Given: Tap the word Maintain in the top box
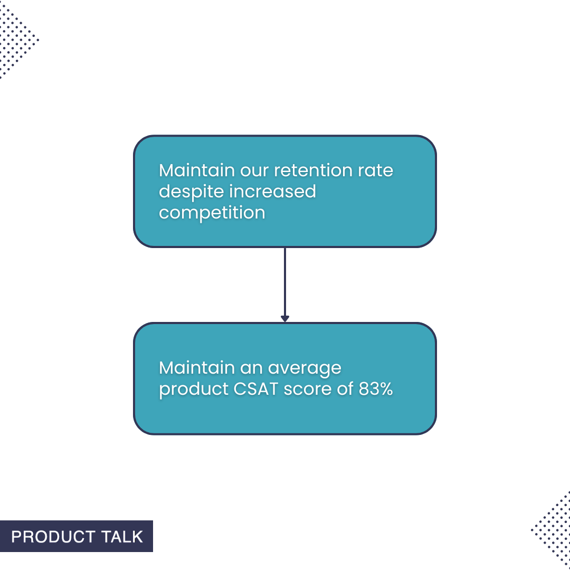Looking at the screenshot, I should coord(196,171).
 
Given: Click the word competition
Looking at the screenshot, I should coord(212,213).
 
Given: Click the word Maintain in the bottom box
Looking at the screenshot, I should coord(196,368).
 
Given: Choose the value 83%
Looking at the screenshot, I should coord(376,389).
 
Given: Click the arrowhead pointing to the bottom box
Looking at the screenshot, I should coord(285,319).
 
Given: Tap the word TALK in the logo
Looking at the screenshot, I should coord(122,537).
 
